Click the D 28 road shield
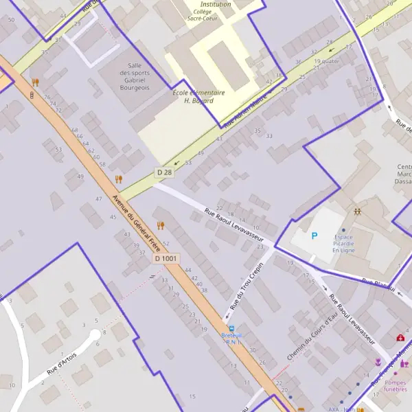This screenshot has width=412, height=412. [164, 172]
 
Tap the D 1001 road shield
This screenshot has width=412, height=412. [166, 259]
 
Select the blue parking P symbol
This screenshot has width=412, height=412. [314, 236]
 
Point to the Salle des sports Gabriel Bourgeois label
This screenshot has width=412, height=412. [135, 76]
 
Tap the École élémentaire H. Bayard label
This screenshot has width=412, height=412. [199, 96]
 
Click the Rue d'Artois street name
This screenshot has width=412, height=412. [61, 360]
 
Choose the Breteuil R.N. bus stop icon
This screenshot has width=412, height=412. [231, 328]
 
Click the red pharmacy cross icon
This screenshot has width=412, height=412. [400, 337]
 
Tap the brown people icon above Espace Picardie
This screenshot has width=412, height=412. [357, 212]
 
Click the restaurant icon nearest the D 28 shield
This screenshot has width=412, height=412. [119, 179]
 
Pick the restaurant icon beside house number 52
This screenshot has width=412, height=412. [161, 225]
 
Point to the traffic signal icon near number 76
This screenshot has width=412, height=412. [32, 94]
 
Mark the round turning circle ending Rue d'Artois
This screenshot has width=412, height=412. [95, 336]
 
